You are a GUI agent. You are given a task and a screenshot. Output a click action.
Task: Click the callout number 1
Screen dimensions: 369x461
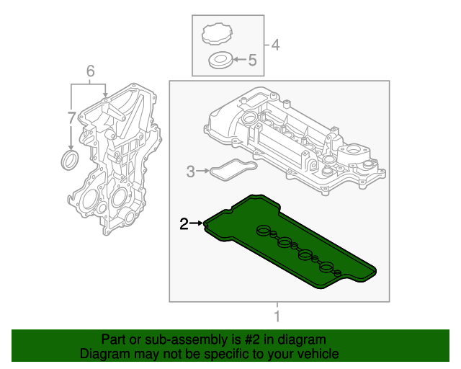pyautogui.click(x=277, y=316)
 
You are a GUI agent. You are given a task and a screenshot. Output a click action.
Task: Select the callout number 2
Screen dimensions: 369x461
pyautogui.click(x=184, y=225)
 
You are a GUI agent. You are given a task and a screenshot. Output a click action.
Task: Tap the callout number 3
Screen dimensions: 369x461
pyautogui.click(x=190, y=172)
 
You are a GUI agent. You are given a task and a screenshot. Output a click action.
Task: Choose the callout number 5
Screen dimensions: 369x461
pyautogui.click(x=252, y=61)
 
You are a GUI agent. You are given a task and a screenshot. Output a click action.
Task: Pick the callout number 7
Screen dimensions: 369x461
pyautogui.click(x=71, y=117)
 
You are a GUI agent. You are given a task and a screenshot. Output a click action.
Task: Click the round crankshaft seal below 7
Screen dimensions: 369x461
pyautogui.click(x=70, y=159)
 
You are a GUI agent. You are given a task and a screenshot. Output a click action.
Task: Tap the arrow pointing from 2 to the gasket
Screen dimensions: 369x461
pyautogui.click(x=197, y=225)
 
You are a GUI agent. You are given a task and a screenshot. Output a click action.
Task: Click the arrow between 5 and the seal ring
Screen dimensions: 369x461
pyautogui.click(x=239, y=61)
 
